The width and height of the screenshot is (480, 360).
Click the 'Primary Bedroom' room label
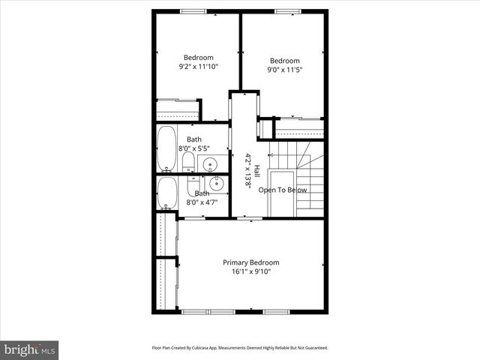pos(250,262)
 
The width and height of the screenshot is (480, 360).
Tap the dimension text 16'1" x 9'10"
pos(250,271)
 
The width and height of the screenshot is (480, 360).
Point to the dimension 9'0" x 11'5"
pos(284,70)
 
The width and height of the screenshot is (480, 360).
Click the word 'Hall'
pos(256,170)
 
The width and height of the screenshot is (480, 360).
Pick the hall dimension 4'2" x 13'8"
pos(247,170)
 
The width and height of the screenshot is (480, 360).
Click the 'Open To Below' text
pos(283,190)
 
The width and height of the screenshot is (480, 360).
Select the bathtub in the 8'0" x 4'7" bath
pos(166,194)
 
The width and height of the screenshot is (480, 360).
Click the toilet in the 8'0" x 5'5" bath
pos(189,164)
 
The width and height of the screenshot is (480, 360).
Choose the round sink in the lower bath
pos(216,182)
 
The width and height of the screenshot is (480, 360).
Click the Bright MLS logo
pos(30,349)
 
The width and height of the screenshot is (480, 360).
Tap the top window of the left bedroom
pos(193,11)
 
